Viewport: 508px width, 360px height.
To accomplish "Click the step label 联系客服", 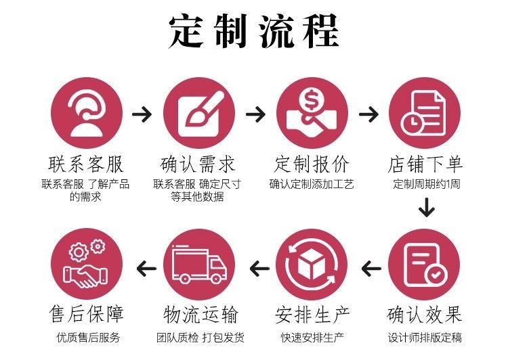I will (86, 164).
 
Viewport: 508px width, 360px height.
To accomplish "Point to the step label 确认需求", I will (198, 164).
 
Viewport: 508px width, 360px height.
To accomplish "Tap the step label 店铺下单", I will (425, 164).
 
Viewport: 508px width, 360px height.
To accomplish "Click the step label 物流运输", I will (198, 315).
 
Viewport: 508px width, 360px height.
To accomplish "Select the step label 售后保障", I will (86, 315).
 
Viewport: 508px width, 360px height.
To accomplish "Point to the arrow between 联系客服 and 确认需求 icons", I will (142, 114).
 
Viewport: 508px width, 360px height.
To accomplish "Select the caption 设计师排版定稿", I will (425, 338).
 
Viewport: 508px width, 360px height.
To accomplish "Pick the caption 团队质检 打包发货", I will (198, 338).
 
